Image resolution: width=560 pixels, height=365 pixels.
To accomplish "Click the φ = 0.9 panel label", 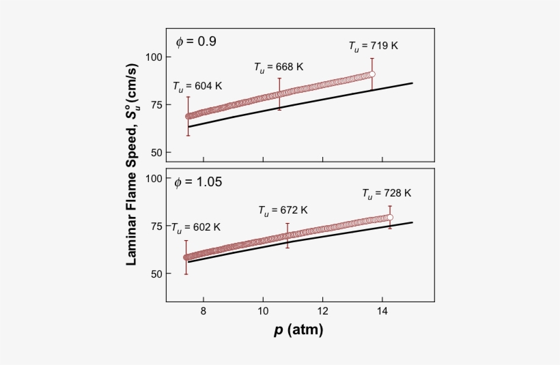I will (x=196, y=42).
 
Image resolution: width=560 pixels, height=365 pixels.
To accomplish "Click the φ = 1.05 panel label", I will (x=199, y=182).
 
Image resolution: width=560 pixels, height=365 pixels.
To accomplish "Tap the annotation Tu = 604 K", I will (x=197, y=87).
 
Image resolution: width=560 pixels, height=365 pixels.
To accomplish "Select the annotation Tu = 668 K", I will (x=279, y=67).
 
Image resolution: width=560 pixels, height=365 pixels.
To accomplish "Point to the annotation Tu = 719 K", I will (x=373, y=46).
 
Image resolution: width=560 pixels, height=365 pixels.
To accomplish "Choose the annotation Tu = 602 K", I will (x=195, y=227).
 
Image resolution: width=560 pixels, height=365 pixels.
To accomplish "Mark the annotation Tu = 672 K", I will (x=283, y=210).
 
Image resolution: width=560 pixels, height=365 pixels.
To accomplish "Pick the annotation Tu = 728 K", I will (x=387, y=194).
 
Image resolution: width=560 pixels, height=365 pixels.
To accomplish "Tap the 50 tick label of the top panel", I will (x=155, y=152).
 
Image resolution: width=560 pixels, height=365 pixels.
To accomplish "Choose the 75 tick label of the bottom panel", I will (x=155, y=226).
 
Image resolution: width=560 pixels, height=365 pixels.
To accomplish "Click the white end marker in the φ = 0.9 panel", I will (x=372, y=74).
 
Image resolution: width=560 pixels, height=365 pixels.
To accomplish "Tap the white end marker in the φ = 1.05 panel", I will (x=390, y=218).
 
